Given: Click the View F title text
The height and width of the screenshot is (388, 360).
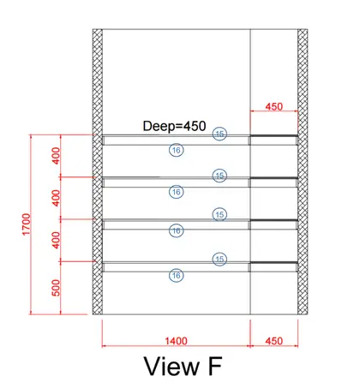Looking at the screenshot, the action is [183, 367].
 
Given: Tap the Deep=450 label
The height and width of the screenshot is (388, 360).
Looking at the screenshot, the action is [174, 126].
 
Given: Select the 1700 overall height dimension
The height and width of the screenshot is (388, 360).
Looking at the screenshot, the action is [26, 224].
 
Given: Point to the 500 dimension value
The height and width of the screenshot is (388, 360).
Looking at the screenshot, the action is [57, 288].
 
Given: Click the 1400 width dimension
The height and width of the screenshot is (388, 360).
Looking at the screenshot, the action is [176, 341].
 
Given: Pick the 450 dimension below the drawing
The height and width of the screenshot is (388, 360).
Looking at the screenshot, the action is [274, 341].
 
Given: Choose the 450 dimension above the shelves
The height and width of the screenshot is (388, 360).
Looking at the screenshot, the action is [274, 106].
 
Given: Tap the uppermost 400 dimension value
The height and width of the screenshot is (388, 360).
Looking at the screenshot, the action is [57, 156].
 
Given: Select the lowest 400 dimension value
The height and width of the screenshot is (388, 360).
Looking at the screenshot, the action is [57, 240].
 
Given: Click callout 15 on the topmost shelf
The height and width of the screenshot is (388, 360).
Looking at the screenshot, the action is [219, 134].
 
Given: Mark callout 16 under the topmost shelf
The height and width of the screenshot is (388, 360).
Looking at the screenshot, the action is [177, 150].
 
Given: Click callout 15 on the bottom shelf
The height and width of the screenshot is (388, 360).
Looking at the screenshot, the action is [219, 260].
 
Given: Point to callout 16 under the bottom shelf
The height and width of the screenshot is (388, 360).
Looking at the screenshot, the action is [177, 276].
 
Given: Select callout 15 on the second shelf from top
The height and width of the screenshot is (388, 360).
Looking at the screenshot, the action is [219, 176].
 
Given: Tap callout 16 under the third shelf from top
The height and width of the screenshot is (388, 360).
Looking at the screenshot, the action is [177, 230].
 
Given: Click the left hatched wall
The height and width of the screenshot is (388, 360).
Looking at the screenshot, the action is [98, 171].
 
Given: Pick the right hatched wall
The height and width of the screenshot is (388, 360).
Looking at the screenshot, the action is [303, 171].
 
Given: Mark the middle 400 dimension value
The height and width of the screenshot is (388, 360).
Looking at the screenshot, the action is [57, 198].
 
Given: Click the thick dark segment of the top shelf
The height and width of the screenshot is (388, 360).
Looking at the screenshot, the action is [274, 136].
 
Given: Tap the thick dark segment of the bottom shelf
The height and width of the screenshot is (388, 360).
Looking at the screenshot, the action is [274, 262].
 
